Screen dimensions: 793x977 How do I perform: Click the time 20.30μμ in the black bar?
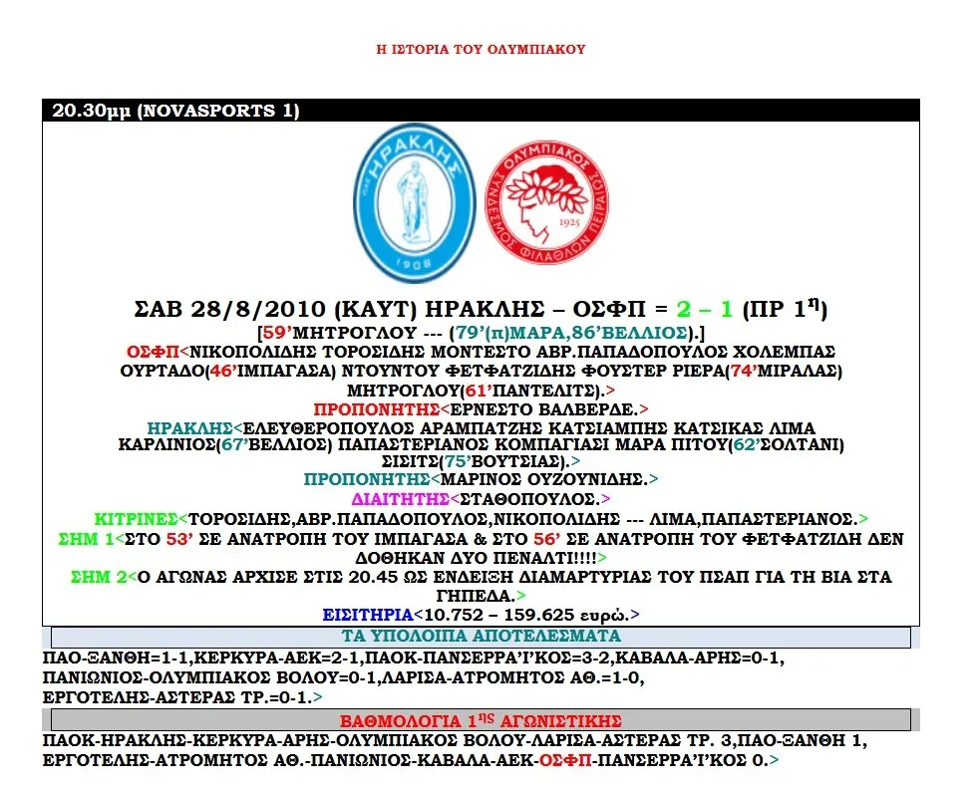tap(92, 112)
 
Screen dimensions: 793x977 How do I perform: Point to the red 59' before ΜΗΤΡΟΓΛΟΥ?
tap(274, 332)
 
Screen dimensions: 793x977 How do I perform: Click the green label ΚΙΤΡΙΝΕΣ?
tap(135, 519)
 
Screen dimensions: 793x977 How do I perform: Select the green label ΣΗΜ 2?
tap(96, 577)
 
